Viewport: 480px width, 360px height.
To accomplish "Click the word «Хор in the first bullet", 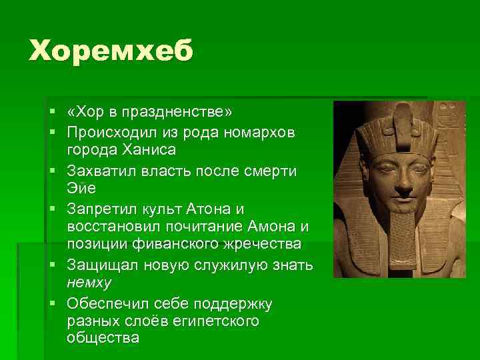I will pyautogui.click(x=86, y=109).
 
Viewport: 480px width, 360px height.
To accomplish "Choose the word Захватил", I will pyautogui.click(x=103, y=171).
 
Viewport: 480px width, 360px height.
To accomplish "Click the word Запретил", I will pyautogui.click(x=105, y=209).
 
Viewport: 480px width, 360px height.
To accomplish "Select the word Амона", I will pyautogui.click(x=271, y=227).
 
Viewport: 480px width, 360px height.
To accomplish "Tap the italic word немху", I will pyautogui.click(x=89, y=282).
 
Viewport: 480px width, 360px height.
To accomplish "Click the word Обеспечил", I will pyautogui.click(x=109, y=304).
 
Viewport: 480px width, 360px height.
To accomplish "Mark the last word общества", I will pyautogui.click(x=103, y=338).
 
